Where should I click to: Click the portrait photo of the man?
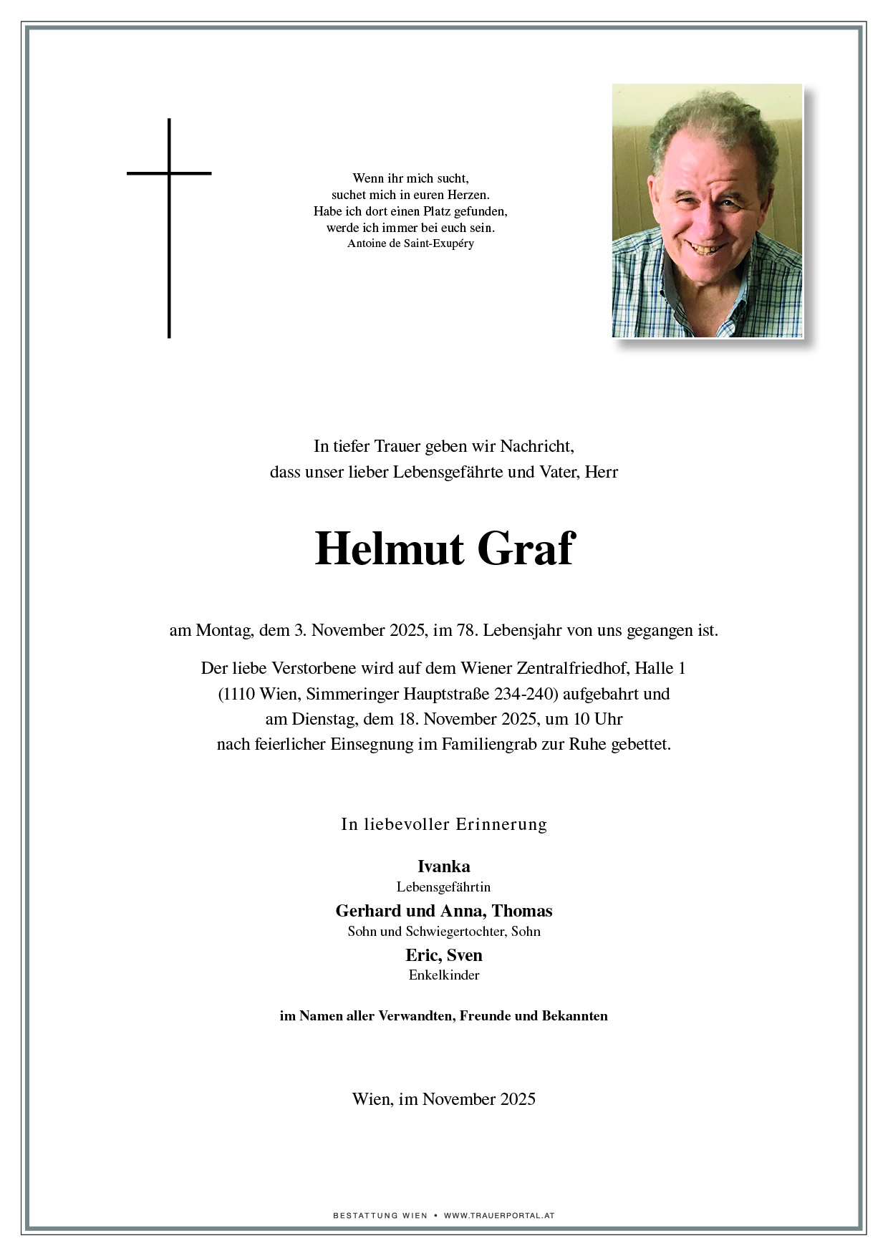pos(707,211)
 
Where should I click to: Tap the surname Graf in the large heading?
pos(525,549)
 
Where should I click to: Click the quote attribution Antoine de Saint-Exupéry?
pos(410,243)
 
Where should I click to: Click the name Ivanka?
pos(444,866)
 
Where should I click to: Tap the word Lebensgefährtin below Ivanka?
pos(444,887)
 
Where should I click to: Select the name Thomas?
pos(522,911)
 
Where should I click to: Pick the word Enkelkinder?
pos(444,975)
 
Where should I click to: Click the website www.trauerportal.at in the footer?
pos(499,1215)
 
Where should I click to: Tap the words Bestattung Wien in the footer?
pos(380,1215)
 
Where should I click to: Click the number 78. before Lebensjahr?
pos(466,631)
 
